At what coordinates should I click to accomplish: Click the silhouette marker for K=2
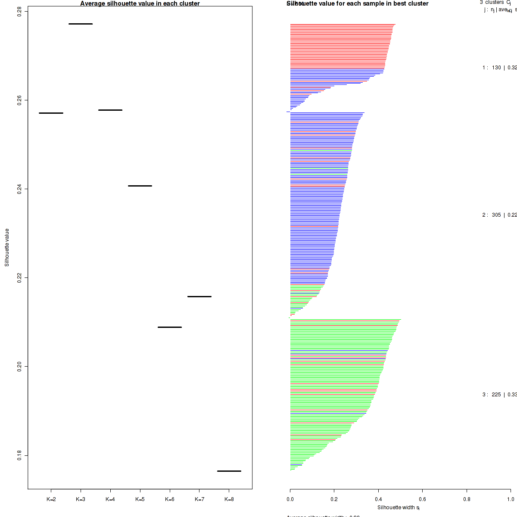coord(51,113)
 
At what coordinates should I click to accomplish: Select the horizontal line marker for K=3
coord(81,24)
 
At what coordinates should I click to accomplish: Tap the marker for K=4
coord(110,110)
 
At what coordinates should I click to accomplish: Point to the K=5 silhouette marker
coord(140,186)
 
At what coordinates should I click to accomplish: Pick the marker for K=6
coord(170,327)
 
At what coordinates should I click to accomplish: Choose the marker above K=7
coord(199,296)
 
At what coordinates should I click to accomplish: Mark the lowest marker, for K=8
coord(229,471)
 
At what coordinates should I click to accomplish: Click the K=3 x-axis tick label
coord(81,499)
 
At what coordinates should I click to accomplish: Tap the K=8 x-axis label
coord(229,499)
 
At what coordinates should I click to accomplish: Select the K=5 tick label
coord(140,499)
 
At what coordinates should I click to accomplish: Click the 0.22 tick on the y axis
coord(20,277)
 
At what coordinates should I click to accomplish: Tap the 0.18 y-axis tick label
coord(20,455)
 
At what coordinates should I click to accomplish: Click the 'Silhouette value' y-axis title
coord(7,247)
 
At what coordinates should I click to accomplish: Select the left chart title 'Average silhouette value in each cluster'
coord(140,3)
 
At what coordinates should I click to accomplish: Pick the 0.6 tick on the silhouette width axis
coord(422,499)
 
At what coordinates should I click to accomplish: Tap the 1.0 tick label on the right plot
coord(510,499)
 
